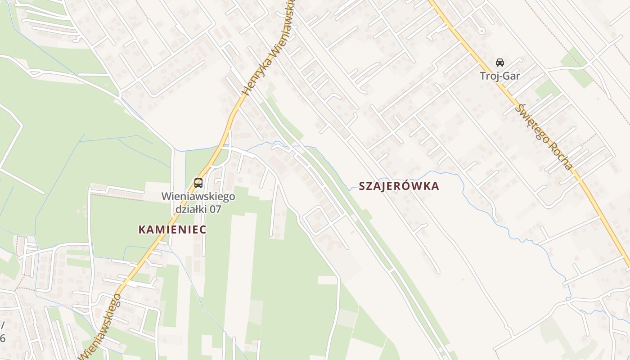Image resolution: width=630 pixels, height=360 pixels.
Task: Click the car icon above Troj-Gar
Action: (x=500, y=62)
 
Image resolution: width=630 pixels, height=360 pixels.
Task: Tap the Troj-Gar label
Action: (x=500, y=76)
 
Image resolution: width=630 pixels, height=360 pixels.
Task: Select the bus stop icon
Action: (x=198, y=183)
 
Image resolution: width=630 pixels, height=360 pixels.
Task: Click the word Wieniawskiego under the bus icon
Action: (x=198, y=197)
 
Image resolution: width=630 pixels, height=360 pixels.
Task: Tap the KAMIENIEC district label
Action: (x=172, y=229)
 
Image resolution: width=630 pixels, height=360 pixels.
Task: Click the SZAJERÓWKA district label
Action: (x=399, y=186)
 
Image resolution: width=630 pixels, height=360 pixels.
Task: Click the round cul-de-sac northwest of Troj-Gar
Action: (x=481, y=31)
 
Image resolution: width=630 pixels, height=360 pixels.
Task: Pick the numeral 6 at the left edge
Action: (x=2, y=338)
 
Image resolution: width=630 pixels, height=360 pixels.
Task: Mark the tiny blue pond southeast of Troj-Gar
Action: (x=537, y=99)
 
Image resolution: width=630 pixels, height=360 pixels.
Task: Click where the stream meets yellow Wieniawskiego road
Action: (x=221, y=148)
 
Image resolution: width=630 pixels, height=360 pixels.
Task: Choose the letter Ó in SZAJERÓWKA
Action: (x=407, y=186)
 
